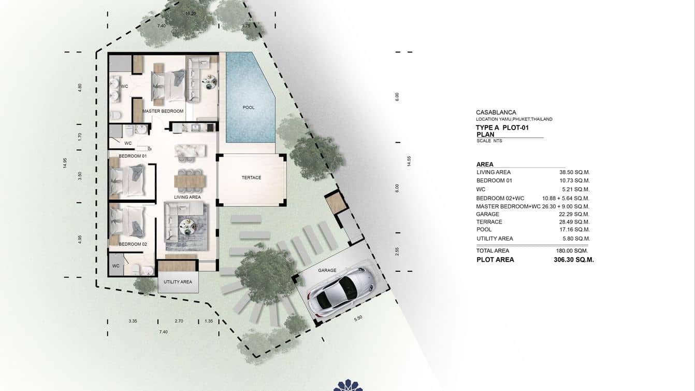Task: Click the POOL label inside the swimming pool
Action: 249,108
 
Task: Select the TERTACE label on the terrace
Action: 251,178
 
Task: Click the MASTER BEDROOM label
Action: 163,111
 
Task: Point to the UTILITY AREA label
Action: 178,282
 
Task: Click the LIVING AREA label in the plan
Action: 187,197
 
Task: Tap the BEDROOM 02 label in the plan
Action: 133,244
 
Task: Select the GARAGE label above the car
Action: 327,270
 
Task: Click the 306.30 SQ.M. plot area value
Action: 573,260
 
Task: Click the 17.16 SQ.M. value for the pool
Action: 575,229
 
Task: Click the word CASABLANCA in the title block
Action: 496,113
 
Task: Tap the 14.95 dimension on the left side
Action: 65,163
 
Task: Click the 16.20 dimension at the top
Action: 190,13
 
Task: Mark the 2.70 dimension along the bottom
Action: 179,322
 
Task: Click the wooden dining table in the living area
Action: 190,181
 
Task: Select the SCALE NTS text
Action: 489,141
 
